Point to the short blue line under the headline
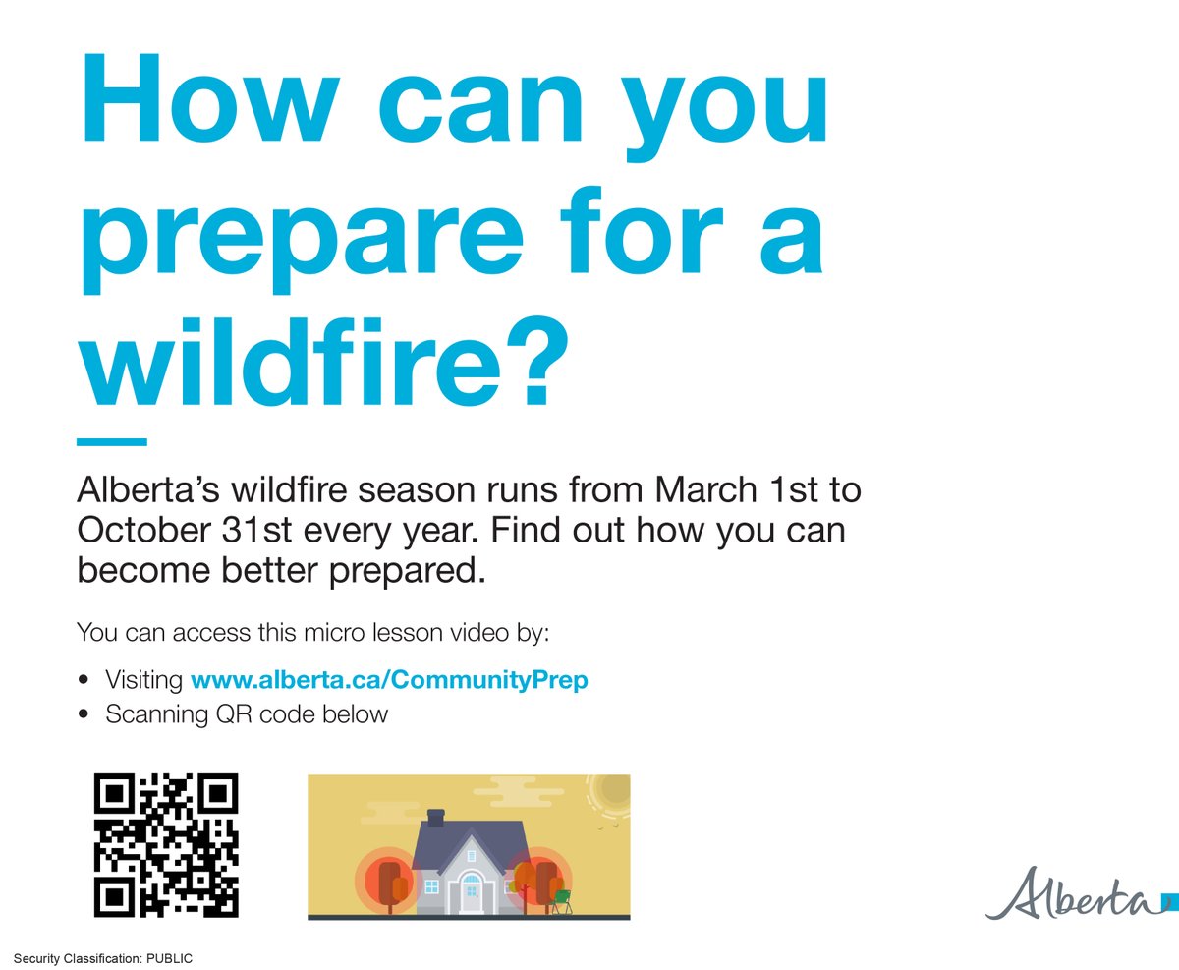coord(111,442)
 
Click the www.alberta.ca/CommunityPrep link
coord(389,679)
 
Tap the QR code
coord(166,845)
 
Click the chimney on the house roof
coord(436,818)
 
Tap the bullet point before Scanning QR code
coord(84,714)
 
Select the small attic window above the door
coord(472,856)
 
